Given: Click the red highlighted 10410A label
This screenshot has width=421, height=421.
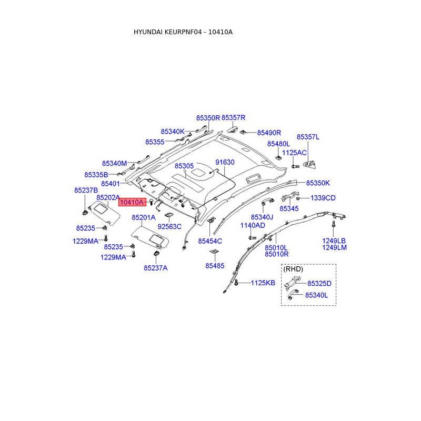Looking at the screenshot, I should [131, 202].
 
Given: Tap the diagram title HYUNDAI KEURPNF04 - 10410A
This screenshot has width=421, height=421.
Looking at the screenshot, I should [183, 32].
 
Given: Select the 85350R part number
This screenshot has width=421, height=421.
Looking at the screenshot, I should [208, 118].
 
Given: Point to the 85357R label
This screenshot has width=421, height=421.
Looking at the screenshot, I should [233, 118].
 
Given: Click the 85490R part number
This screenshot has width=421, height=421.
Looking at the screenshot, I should [269, 133].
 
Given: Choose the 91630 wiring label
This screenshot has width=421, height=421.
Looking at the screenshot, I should [225, 162].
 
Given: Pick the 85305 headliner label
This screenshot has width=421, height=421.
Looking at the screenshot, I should [184, 166].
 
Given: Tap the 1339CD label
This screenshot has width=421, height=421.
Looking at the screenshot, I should [323, 198].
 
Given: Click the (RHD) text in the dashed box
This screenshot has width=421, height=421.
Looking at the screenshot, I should [293, 269].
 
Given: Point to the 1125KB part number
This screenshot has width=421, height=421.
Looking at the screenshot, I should [263, 283].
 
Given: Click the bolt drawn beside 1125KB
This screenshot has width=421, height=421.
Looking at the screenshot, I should [236, 283].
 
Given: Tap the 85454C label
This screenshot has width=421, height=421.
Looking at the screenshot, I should [210, 241].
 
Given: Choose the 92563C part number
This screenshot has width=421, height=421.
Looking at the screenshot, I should [169, 226].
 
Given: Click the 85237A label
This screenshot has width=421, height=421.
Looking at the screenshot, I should [155, 268].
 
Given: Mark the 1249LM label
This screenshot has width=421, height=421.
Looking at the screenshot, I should [335, 247].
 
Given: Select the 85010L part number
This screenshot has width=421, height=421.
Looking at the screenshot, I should [277, 247].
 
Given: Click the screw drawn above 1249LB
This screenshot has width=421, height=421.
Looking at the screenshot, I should [334, 225].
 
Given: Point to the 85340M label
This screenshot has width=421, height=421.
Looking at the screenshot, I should [115, 163].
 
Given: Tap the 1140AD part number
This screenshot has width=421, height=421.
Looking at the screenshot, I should [253, 225].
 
